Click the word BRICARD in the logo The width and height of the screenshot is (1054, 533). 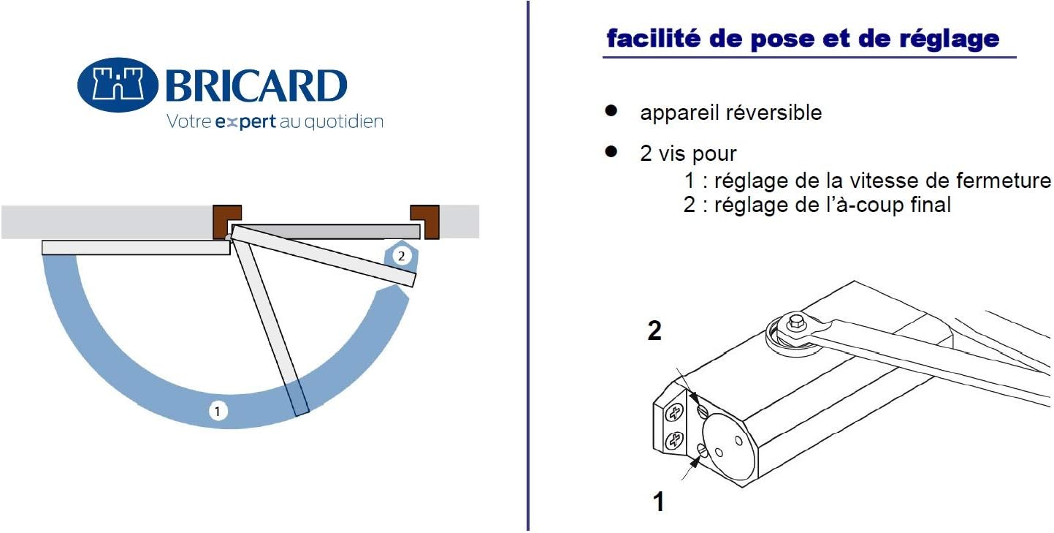256,86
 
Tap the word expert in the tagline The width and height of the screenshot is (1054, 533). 246,121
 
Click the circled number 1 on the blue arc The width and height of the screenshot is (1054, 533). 217,412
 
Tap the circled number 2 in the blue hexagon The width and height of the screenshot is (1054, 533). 400,256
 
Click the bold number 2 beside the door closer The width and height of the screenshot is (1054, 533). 654,332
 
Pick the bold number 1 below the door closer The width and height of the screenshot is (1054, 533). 659,502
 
